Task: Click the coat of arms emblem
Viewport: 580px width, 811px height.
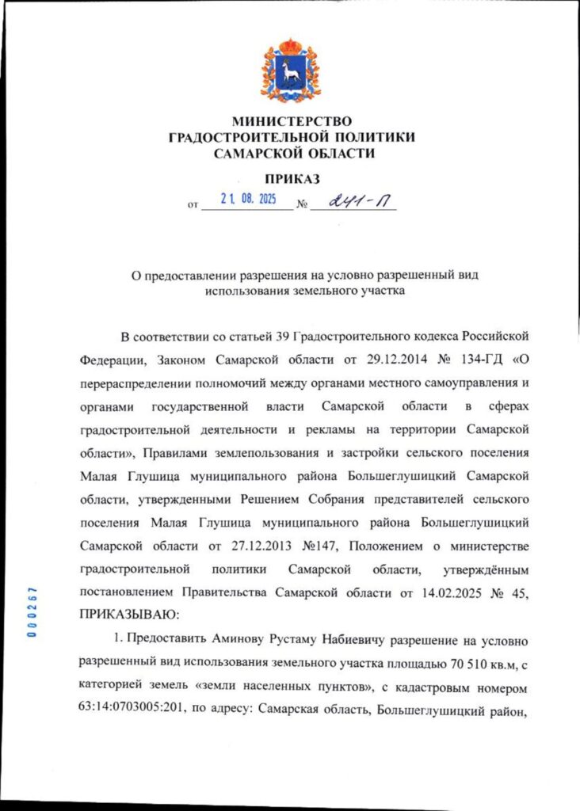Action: (x=290, y=71)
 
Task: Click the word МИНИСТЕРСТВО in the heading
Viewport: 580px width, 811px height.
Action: (x=291, y=121)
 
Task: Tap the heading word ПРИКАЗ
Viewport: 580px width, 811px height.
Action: (x=292, y=177)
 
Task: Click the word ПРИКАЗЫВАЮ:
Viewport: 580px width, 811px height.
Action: (x=131, y=614)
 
